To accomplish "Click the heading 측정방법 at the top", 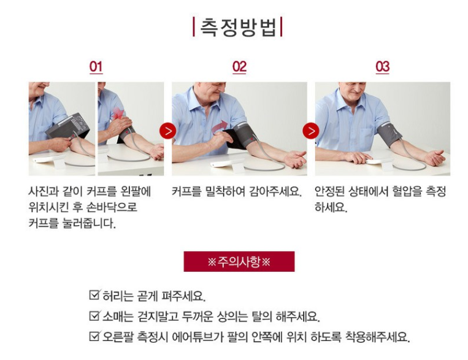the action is pyautogui.click(x=237, y=27).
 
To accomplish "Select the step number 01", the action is pyautogui.click(x=96, y=67).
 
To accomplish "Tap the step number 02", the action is pyautogui.click(x=239, y=67).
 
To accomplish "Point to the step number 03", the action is pyautogui.click(x=383, y=67).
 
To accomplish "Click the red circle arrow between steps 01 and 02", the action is pyautogui.click(x=167, y=131).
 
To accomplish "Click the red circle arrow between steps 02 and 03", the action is pyautogui.click(x=311, y=131).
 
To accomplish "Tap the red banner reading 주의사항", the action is pyautogui.click(x=239, y=261).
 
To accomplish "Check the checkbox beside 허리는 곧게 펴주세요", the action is pyautogui.click(x=94, y=295).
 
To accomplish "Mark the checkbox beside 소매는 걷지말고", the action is pyautogui.click(x=94, y=315).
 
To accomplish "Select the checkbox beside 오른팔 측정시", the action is pyautogui.click(x=94, y=336).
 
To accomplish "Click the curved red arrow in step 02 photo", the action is pyautogui.click(x=220, y=127).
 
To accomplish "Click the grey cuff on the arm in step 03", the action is pyautogui.click(x=389, y=134).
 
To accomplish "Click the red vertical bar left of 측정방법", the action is pyautogui.click(x=194, y=27).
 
